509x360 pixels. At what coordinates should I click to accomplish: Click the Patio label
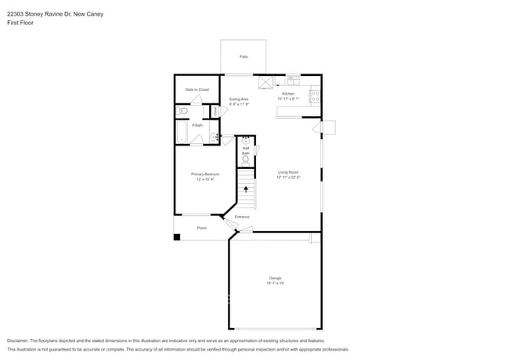click(244, 57)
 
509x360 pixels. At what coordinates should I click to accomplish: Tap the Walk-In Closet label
click(197, 90)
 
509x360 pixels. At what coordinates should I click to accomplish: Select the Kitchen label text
click(288, 94)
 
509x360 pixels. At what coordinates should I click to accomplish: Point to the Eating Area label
click(239, 99)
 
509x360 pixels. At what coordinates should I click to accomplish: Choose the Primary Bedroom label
click(206, 175)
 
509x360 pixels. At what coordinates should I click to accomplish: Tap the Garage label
click(275, 278)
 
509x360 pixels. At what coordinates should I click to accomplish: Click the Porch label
click(201, 228)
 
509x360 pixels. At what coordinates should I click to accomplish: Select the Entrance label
click(242, 217)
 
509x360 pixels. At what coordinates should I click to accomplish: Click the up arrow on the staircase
click(247, 189)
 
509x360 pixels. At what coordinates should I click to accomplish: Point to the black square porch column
click(177, 236)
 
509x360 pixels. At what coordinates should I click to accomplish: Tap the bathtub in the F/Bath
click(179, 132)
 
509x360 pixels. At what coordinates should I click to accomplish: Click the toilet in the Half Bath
click(246, 159)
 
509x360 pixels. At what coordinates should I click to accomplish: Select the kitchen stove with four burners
click(315, 97)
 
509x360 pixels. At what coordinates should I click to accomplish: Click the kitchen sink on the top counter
click(293, 78)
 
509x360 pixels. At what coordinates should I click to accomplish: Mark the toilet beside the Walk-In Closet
click(182, 112)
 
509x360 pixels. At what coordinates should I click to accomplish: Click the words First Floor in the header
click(20, 23)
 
